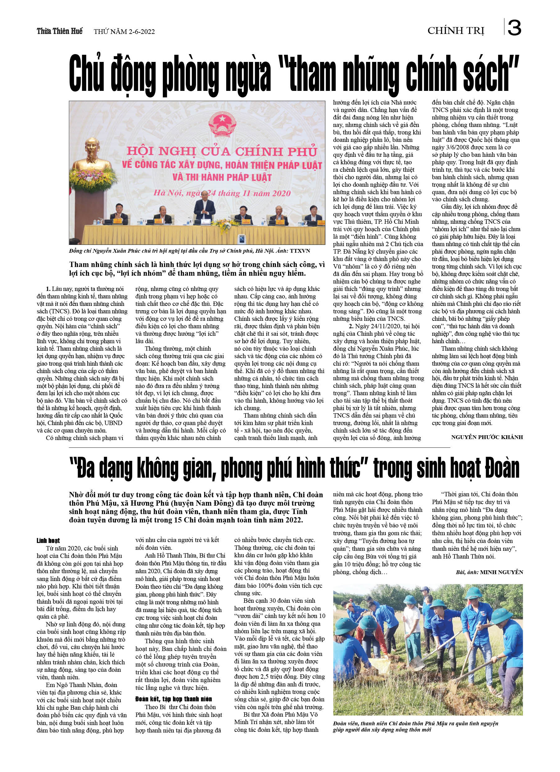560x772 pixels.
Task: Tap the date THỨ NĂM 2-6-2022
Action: (x=124, y=32)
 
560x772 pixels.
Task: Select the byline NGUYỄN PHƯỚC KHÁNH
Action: (x=487, y=437)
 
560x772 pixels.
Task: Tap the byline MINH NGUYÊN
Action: (x=501, y=572)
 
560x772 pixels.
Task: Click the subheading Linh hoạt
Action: (x=48, y=540)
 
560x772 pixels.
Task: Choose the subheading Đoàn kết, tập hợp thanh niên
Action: (x=173, y=699)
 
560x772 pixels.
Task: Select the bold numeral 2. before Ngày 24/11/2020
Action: (x=351, y=326)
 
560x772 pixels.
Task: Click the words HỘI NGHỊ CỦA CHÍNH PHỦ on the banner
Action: (x=222, y=151)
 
